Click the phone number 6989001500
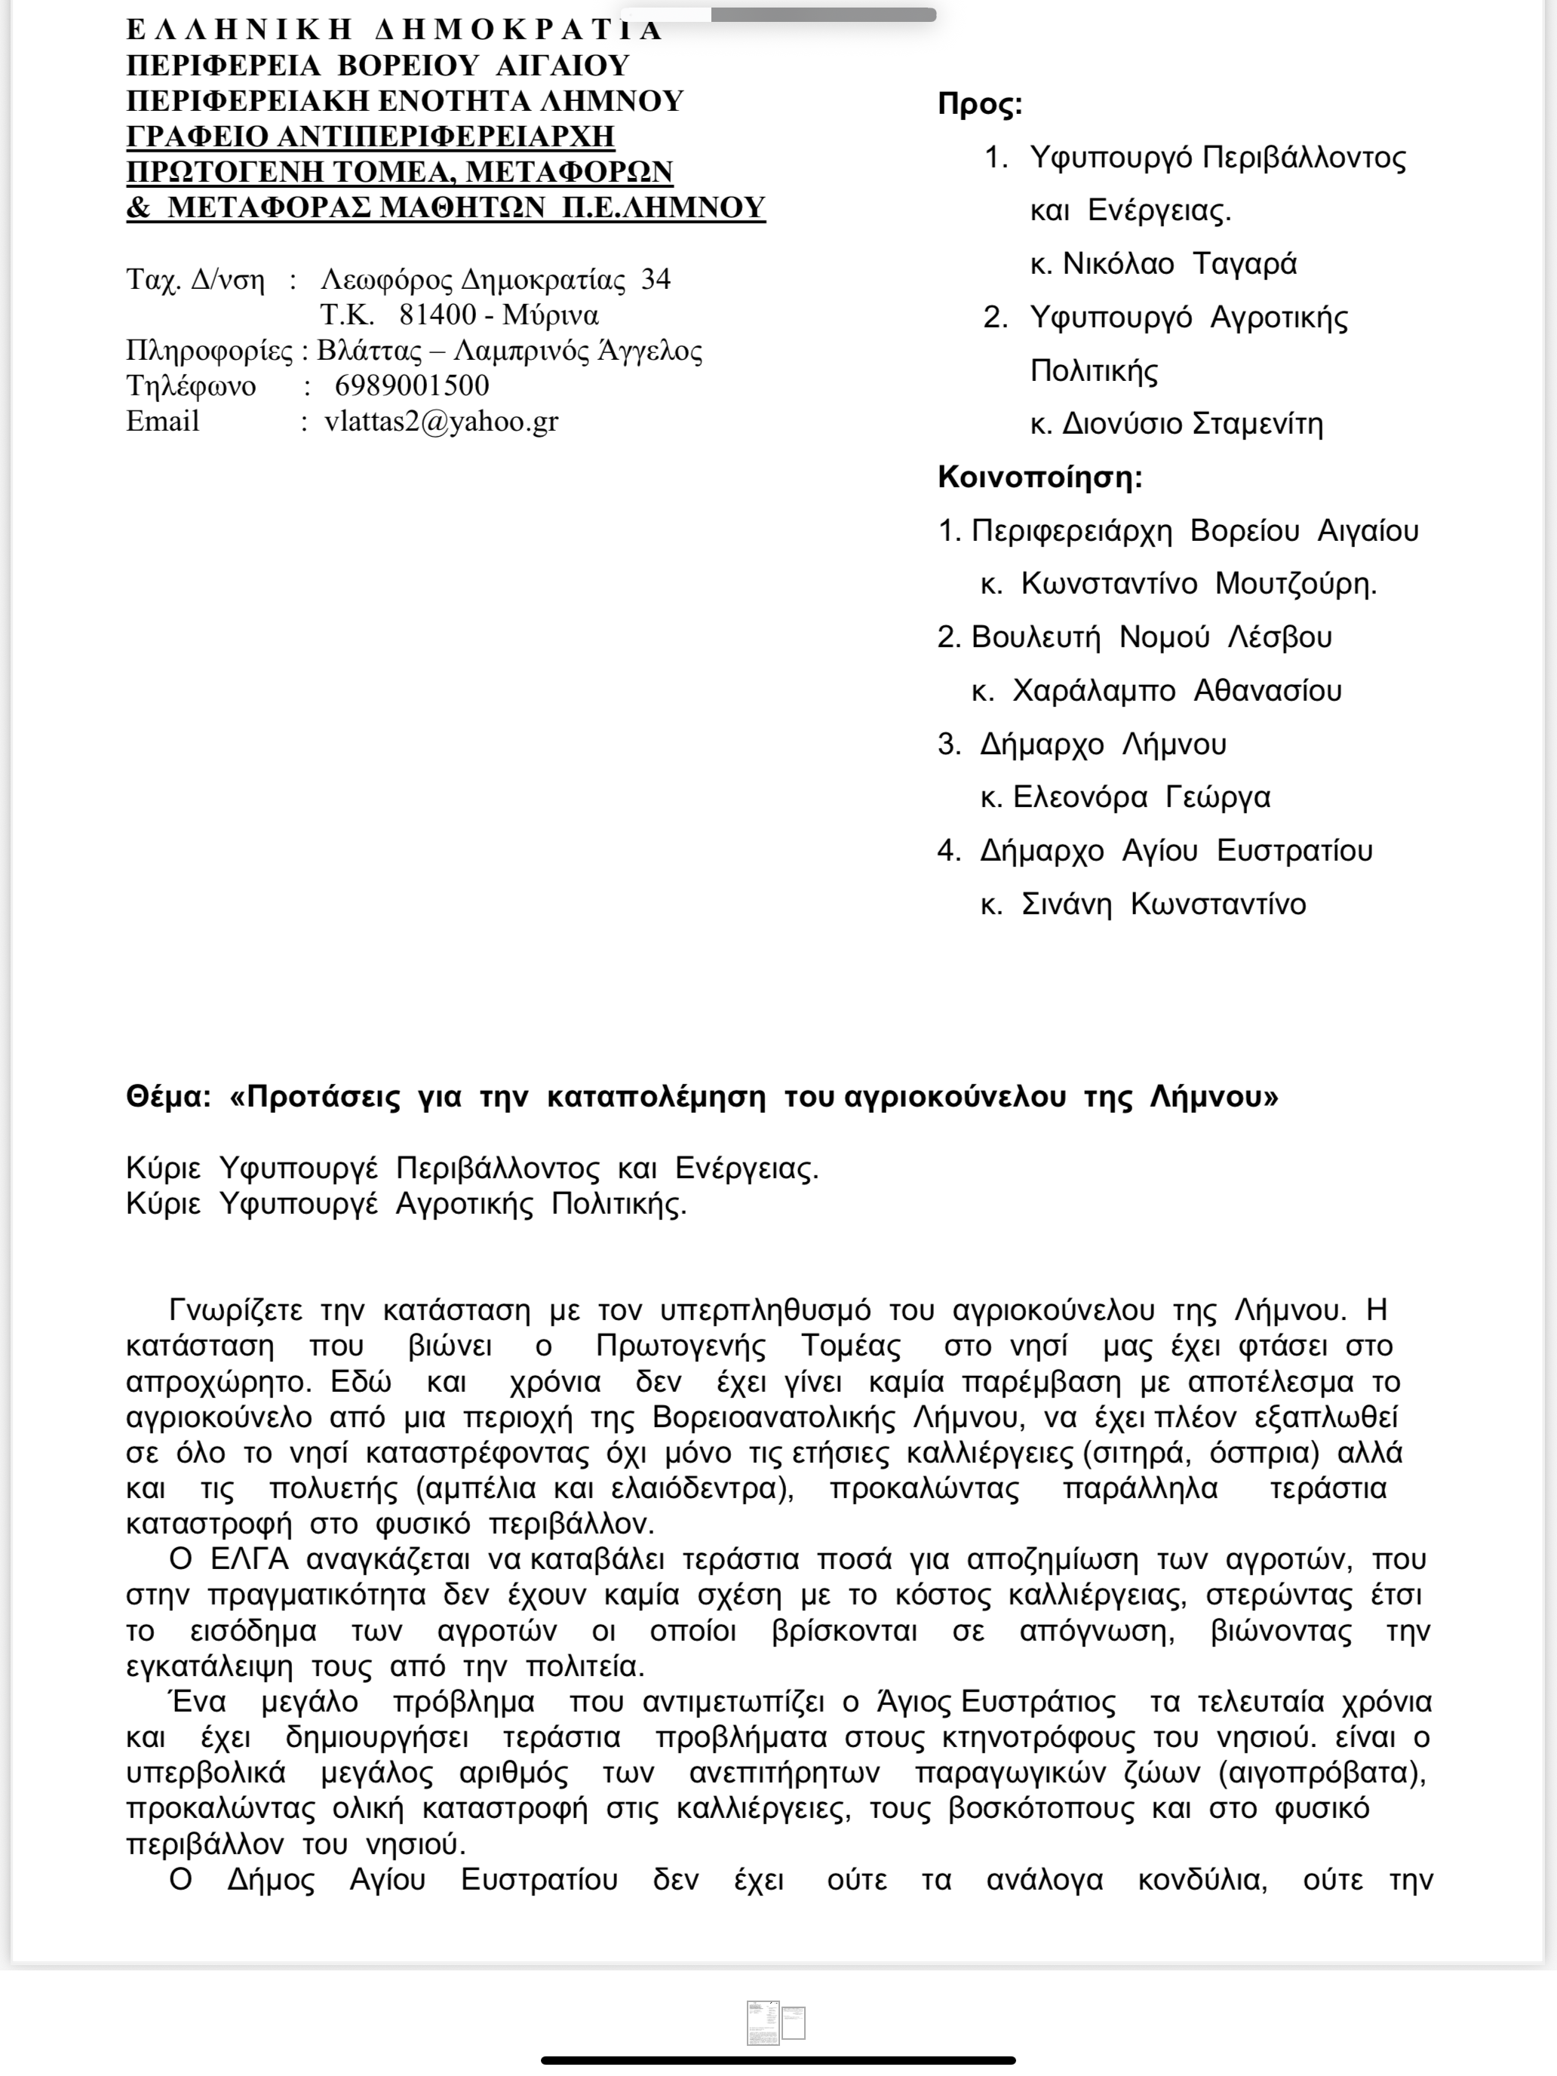411,385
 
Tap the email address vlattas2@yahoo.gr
441,422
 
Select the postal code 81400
438,315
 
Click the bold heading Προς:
979,104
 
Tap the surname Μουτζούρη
1295,584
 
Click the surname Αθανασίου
1267,691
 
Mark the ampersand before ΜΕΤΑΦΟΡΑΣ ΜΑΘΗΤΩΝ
138,207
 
